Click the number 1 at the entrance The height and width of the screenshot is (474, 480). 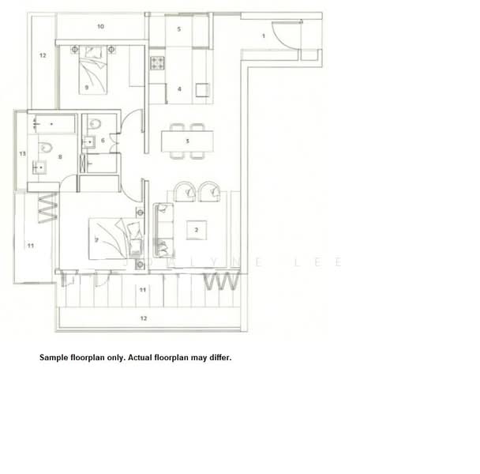tap(263, 36)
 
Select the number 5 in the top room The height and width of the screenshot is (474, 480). tap(179, 29)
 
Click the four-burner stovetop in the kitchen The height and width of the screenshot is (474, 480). tap(157, 62)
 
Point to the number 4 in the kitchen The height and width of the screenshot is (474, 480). tap(180, 89)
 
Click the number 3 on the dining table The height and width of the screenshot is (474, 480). tap(187, 141)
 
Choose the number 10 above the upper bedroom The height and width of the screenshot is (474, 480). tap(100, 26)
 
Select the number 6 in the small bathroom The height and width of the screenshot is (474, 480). tap(103, 141)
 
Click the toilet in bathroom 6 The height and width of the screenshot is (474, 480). tap(94, 124)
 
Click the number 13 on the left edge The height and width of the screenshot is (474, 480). tap(23, 152)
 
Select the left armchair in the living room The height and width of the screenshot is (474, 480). tap(186, 190)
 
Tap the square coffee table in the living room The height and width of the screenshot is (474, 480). tap(196, 230)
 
